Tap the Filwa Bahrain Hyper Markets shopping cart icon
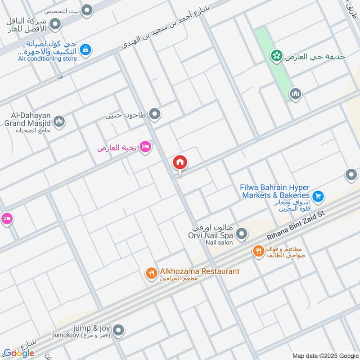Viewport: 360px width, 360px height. [x=318, y=196]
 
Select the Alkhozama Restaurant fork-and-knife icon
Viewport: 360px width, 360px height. [x=151, y=272]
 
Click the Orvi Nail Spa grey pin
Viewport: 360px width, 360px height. [x=242, y=234]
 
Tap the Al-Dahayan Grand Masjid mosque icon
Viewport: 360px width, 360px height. [x=59, y=121]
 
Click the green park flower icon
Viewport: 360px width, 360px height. [x=276, y=56]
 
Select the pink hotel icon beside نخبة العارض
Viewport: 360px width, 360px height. [x=145, y=147]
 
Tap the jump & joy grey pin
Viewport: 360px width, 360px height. [x=118, y=331]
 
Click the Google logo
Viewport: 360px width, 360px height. [x=18, y=353]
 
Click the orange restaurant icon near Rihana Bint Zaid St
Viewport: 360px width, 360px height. [x=258, y=251]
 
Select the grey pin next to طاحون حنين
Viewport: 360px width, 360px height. [x=155, y=115]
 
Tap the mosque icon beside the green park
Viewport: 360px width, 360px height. [x=295, y=94]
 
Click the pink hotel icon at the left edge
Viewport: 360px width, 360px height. [x=6, y=219]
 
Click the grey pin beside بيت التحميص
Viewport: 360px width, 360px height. [x=87, y=9]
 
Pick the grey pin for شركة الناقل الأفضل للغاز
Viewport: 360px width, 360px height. [x=55, y=24]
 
